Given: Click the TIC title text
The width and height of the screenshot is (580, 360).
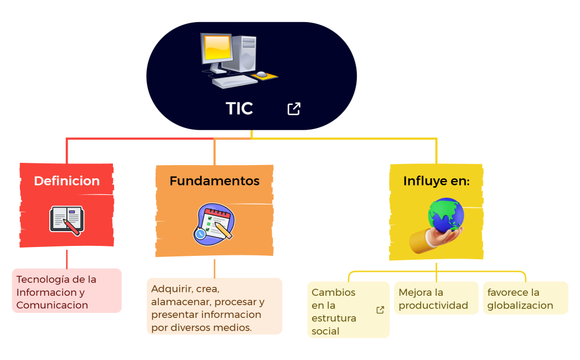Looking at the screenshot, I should [x=239, y=109].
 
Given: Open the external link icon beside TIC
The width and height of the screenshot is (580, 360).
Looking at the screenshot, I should [x=294, y=109].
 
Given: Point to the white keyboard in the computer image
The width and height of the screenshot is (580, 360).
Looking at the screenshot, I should [x=234, y=81].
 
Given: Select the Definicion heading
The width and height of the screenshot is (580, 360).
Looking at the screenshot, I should [x=66, y=181].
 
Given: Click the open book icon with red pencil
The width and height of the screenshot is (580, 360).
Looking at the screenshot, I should [x=66, y=219].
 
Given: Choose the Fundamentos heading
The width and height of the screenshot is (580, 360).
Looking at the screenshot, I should [x=214, y=181].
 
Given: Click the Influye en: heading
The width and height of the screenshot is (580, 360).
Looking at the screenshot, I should [x=436, y=181].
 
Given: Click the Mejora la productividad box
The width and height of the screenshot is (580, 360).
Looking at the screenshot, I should [x=436, y=299].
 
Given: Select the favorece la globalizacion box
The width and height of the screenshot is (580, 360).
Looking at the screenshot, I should [x=525, y=299].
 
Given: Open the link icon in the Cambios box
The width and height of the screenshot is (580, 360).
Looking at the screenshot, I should [x=380, y=310].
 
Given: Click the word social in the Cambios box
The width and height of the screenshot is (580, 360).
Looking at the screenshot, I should [x=325, y=331].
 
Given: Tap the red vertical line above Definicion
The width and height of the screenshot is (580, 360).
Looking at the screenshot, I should [x=67, y=151].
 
